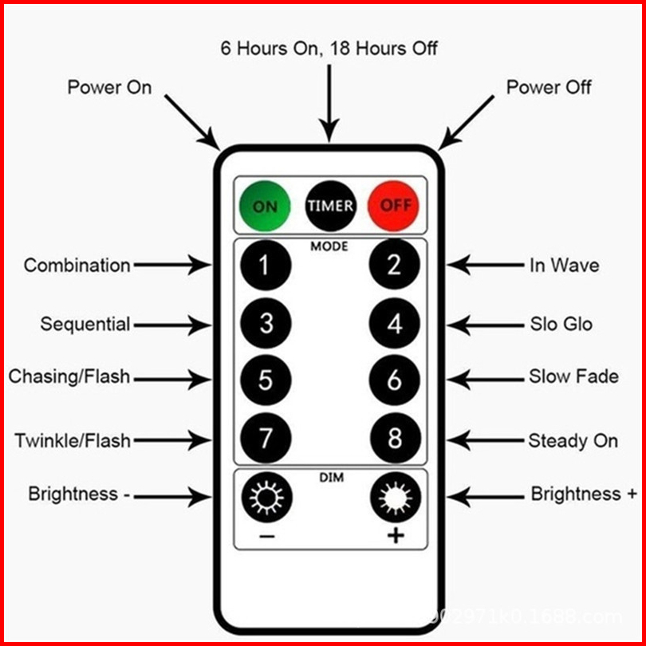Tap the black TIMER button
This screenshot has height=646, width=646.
click(x=330, y=206)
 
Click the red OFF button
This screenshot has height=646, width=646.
click(x=394, y=206)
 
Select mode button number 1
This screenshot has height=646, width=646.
click(x=266, y=266)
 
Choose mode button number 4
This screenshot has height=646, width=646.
click(x=394, y=324)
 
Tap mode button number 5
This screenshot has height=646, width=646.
click(x=266, y=380)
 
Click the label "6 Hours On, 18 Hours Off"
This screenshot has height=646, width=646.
click(x=329, y=48)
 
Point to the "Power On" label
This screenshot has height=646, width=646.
click(x=109, y=87)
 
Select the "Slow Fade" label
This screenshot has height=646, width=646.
click(x=573, y=376)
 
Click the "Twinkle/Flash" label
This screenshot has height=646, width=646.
click(x=73, y=440)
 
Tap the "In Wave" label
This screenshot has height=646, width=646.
click(x=564, y=266)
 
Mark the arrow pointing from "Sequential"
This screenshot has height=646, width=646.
click(x=172, y=325)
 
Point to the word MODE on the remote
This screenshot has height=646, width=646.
click(x=329, y=246)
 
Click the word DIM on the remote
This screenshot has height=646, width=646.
click(x=330, y=477)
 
